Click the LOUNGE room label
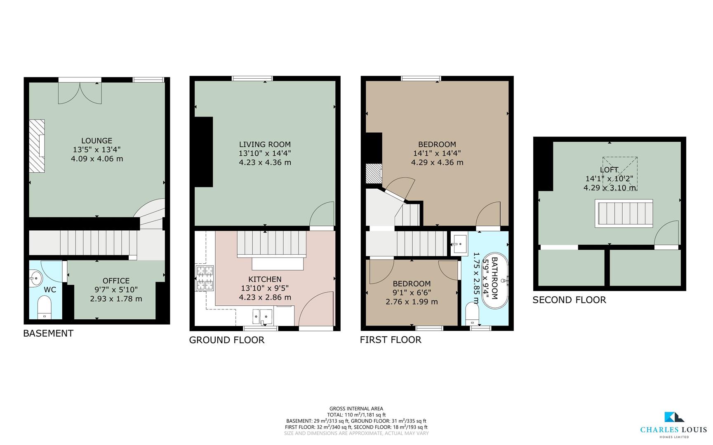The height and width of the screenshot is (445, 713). [x=96, y=141]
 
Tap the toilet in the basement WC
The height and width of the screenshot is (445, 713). [x=44, y=308]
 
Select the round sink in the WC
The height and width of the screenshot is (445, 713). [x=36, y=278]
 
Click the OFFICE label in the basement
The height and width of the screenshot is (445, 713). [x=116, y=281]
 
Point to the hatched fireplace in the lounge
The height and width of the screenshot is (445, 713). [x=37, y=145]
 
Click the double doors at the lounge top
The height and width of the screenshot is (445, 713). [x=80, y=93]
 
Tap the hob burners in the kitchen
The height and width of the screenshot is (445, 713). [x=205, y=278]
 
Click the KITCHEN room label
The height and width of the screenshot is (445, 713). [x=265, y=279]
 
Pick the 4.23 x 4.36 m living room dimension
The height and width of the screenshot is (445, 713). [x=265, y=162]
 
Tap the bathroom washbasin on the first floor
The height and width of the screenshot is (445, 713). [x=459, y=244]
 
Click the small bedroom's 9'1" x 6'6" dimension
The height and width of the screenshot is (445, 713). [x=412, y=293]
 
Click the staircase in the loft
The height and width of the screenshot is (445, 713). [x=624, y=213]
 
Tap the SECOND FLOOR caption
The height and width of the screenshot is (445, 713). [x=569, y=300]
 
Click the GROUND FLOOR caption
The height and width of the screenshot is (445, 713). [x=226, y=340]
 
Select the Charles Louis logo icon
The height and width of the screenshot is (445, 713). [x=673, y=417]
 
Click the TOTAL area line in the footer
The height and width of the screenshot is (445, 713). [x=356, y=415]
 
